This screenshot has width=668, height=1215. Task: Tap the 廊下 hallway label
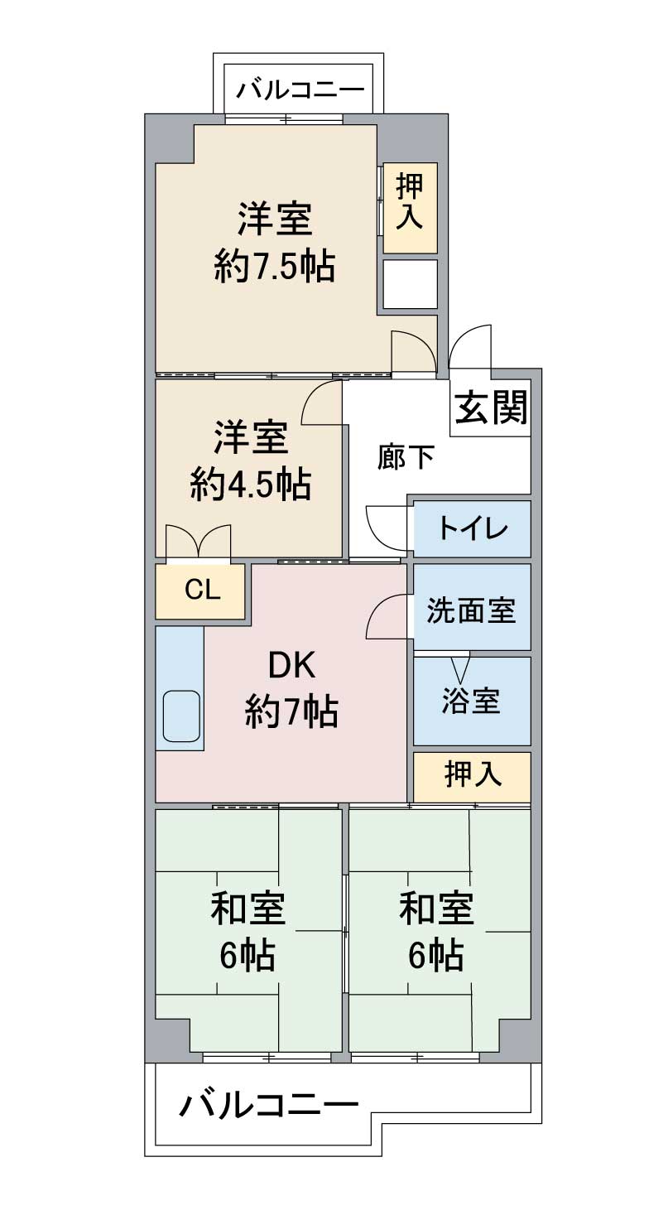click(x=406, y=456)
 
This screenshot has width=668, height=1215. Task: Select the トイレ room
click(x=473, y=529)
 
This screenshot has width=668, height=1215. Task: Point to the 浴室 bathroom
click(x=473, y=702)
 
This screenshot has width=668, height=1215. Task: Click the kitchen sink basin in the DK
click(x=181, y=716)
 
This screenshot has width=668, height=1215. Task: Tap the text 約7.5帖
click(x=274, y=266)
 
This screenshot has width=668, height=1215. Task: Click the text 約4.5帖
click(x=251, y=484)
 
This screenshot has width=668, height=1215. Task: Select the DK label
click(x=291, y=666)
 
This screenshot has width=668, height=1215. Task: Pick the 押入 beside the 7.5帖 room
click(x=410, y=208)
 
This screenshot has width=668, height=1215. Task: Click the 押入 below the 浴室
click(x=473, y=777)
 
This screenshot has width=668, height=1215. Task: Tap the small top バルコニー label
click(x=300, y=89)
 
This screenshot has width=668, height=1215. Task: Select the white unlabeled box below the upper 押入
click(x=411, y=284)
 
